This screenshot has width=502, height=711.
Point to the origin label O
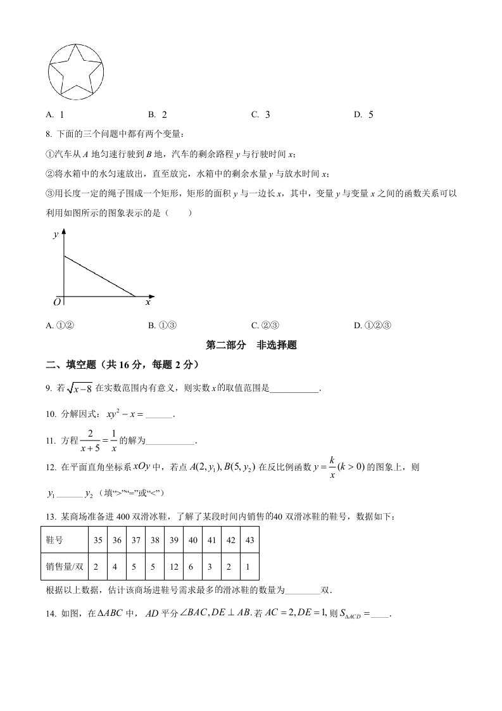tap(57, 303)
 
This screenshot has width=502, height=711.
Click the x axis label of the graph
tap(147, 303)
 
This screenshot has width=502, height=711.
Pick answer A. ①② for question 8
tap(61, 326)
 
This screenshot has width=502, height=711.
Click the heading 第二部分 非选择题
tap(252, 345)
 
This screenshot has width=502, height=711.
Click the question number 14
tap(52, 613)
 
